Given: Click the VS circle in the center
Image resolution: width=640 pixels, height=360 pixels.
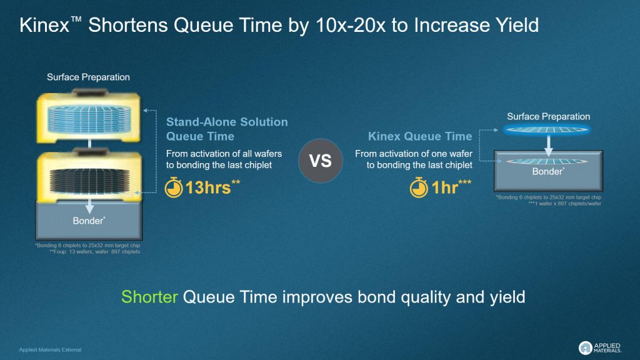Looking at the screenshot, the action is (x=321, y=161).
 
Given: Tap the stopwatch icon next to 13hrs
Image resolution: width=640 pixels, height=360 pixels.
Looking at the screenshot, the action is (x=174, y=187).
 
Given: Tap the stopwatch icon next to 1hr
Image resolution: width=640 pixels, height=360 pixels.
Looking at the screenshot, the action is (x=419, y=187).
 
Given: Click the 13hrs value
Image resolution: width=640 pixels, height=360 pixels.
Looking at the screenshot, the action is (x=212, y=187).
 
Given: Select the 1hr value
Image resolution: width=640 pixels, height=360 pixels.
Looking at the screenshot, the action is (x=451, y=187).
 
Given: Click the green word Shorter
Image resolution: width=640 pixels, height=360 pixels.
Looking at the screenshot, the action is (x=149, y=297).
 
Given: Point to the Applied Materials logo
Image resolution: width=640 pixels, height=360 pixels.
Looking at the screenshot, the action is (x=600, y=347).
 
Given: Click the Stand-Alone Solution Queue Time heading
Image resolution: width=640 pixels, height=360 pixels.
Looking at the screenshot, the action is (x=227, y=129).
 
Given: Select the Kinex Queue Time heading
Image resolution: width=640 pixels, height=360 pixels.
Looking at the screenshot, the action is (x=420, y=136).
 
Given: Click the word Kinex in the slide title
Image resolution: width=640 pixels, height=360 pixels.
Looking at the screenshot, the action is (x=44, y=25).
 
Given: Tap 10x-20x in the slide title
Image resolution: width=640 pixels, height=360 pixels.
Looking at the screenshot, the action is (x=351, y=25).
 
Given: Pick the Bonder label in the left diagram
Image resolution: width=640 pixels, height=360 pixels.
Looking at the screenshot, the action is (x=89, y=221).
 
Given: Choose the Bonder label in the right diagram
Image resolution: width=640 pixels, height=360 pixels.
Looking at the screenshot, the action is (x=548, y=171).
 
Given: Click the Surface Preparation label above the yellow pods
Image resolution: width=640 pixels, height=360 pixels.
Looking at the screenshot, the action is (x=88, y=77).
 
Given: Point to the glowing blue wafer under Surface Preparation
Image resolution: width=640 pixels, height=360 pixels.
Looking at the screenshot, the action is (x=546, y=130).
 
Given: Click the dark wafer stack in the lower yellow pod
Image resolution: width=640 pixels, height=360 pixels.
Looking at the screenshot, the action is (x=89, y=181).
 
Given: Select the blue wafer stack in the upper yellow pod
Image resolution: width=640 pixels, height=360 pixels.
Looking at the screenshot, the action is (x=89, y=119).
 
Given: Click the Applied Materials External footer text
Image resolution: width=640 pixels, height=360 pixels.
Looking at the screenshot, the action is (x=50, y=350).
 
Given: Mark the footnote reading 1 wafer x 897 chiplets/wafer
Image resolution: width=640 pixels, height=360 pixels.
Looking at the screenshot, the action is (x=565, y=203).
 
